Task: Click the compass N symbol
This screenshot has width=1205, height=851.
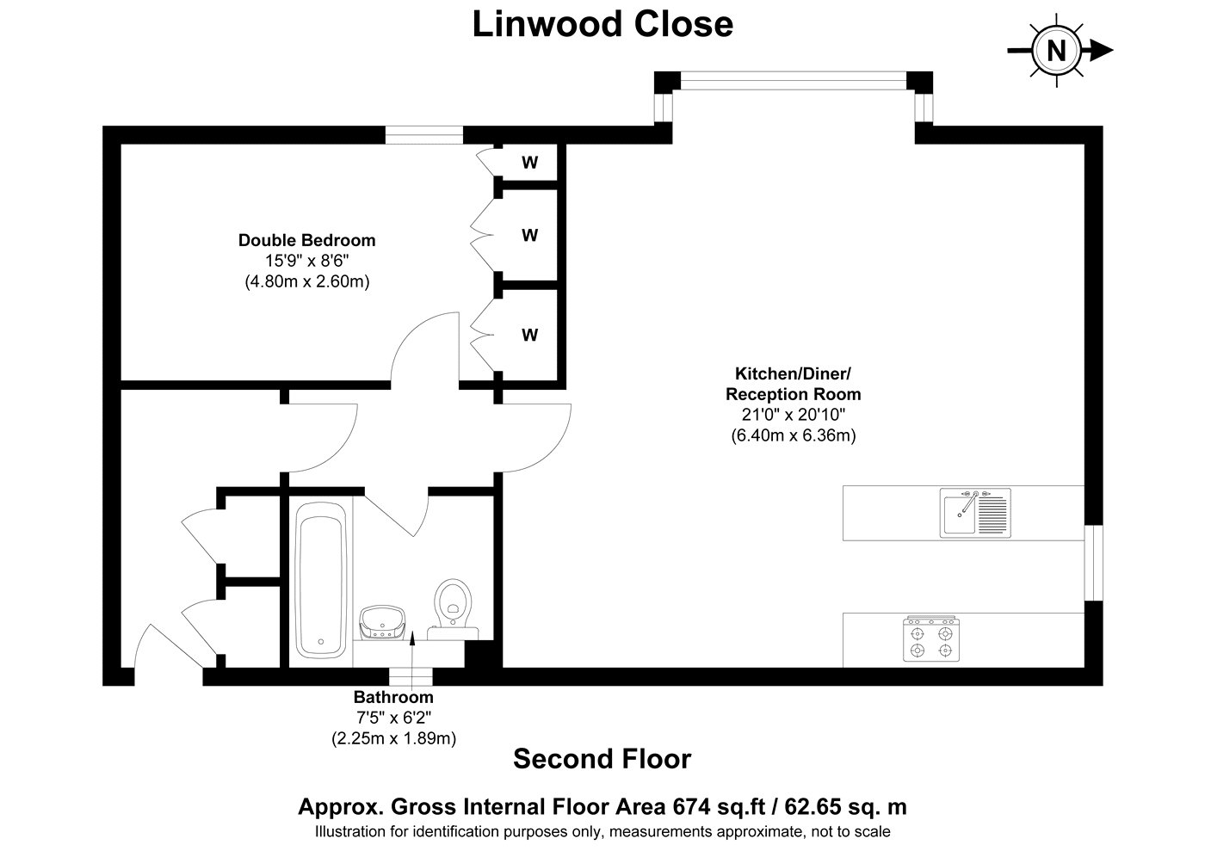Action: (1057, 51)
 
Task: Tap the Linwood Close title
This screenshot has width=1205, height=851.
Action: (602, 24)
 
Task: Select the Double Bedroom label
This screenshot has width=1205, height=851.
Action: (306, 240)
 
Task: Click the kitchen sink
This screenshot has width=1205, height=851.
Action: (974, 513)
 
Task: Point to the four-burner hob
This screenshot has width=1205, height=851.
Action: (930, 638)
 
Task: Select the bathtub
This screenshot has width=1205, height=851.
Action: (320, 580)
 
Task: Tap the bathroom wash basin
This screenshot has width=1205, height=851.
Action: (382, 622)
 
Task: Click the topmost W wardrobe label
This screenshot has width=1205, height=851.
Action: (530, 163)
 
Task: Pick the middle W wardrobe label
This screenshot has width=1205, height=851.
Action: (530, 235)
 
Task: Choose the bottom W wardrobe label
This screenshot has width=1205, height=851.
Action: (530, 335)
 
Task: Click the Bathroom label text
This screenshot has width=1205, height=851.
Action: (393, 697)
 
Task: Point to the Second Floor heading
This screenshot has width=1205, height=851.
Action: (602, 759)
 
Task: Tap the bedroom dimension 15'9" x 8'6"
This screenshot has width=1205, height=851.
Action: (306, 261)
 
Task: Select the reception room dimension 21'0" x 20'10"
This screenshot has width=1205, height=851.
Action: (794, 415)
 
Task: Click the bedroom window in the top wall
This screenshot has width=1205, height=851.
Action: (423, 134)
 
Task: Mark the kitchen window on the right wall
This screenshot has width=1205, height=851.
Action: (1093, 563)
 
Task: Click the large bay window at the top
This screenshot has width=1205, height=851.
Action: (794, 81)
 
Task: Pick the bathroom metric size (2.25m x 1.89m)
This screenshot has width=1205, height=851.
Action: (394, 738)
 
